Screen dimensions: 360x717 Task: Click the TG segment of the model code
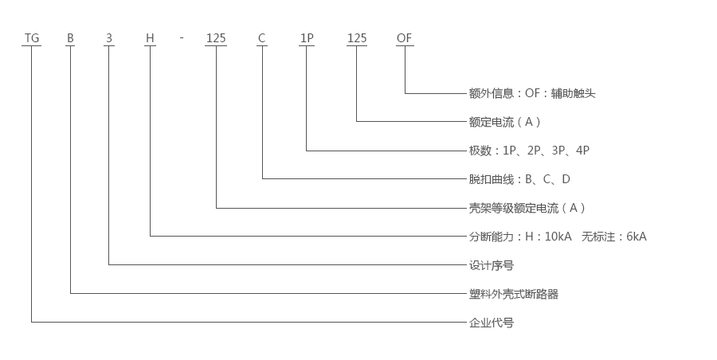(x=31, y=38)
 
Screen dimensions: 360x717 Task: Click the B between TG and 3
(x=70, y=38)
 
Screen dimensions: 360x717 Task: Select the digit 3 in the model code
(x=108, y=38)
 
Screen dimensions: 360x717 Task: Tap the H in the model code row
(x=149, y=38)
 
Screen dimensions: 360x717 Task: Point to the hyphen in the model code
(x=182, y=38)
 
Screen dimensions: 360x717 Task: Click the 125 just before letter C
(x=216, y=38)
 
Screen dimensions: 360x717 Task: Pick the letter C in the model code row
(x=261, y=38)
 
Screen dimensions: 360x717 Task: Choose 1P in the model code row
(x=306, y=38)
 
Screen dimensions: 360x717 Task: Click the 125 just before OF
(x=356, y=38)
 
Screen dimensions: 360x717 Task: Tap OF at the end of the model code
(x=405, y=38)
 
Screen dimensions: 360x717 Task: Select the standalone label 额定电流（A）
(x=505, y=122)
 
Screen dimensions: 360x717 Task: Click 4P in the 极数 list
(x=582, y=151)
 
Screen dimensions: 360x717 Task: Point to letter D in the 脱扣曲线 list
(x=566, y=179)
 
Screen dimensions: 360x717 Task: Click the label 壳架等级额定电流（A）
(x=527, y=208)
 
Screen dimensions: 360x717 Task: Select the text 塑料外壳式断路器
(x=514, y=294)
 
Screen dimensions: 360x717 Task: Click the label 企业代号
(x=492, y=323)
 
